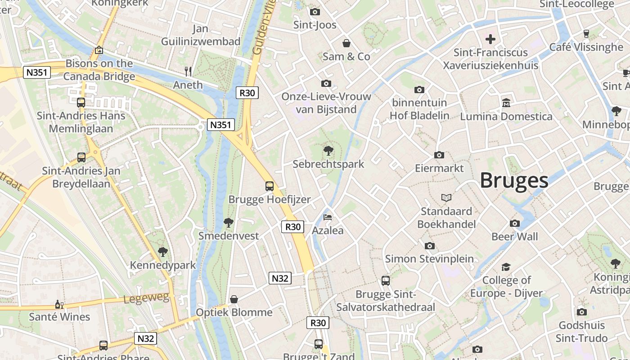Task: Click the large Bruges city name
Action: [514, 180]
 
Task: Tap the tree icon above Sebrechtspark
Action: [328, 151]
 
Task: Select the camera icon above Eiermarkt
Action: [439, 155]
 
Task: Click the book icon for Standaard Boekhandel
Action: [446, 198]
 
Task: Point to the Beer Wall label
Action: [514, 237]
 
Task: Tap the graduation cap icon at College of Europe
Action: [506, 267]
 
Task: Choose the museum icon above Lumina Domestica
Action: [506, 103]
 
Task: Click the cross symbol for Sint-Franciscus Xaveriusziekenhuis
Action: [490, 39]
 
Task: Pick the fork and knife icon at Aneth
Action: [188, 71]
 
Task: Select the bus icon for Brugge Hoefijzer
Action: [269, 186]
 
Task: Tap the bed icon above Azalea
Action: [328, 217]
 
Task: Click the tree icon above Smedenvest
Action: [229, 222]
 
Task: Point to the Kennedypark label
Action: [163, 265]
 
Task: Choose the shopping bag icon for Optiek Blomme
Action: [234, 299]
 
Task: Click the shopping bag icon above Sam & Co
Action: [346, 43]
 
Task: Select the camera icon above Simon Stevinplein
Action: [429, 246]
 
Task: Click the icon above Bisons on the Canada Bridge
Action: [99, 50]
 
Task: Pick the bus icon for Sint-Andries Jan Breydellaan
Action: [81, 157]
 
